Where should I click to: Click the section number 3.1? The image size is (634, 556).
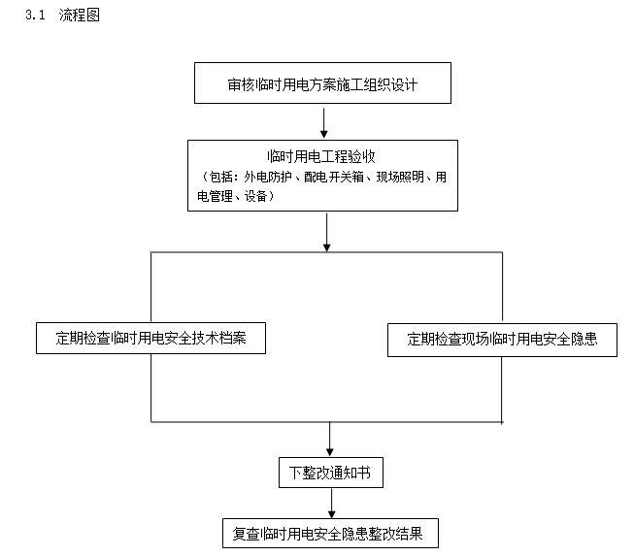[35, 16]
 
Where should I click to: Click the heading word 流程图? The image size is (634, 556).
[79, 16]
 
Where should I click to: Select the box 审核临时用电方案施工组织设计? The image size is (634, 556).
[324, 84]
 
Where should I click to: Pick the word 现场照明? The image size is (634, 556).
[400, 177]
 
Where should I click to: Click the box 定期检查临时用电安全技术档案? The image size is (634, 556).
[150, 338]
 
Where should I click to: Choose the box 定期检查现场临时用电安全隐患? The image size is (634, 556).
[501, 339]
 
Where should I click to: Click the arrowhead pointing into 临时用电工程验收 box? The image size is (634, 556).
[323, 134]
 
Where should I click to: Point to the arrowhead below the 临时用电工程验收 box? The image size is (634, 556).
[327, 246]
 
